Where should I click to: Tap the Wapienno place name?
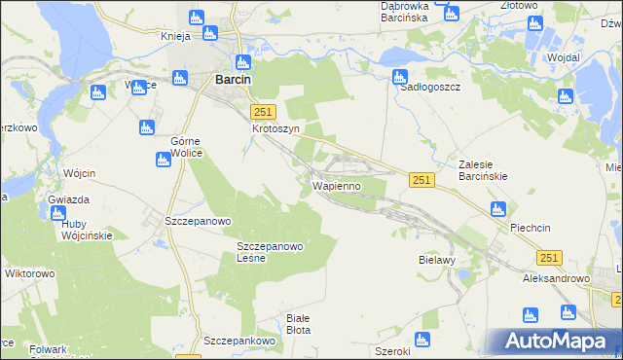[x=337, y=185]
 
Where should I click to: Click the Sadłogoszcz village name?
[x=430, y=87]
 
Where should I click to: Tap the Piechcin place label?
[x=531, y=228]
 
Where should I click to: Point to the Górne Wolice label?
[x=172, y=147]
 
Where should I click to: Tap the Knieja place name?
[x=179, y=36]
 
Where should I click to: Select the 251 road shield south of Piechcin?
[x=550, y=256]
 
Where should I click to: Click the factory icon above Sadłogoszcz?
[x=399, y=76]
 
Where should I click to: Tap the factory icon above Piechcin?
[x=498, y=208]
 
